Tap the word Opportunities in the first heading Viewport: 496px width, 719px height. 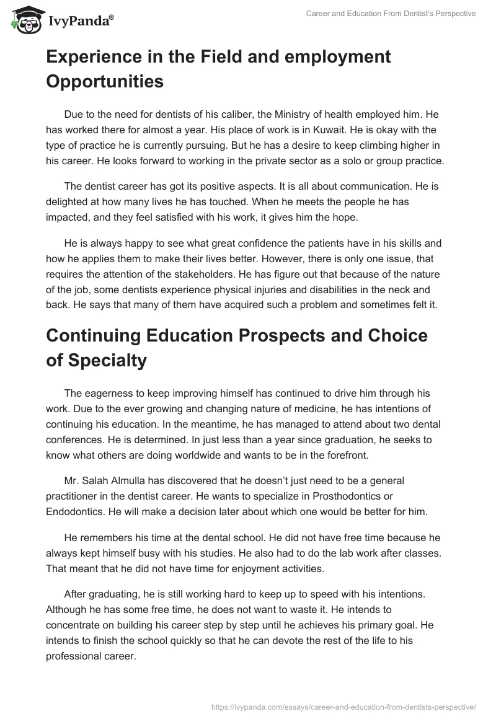[105, 81]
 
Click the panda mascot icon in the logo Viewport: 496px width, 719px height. [23, 20]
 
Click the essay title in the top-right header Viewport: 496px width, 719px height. [391, 14]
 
